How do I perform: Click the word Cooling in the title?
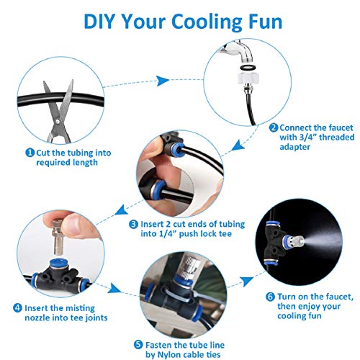pos(207,22)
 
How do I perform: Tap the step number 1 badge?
pos(30,153)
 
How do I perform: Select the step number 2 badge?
pos(274,127)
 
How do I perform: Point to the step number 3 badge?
pos(133,225)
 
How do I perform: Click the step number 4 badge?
pos(17,308)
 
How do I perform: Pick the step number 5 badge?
pos(138,345)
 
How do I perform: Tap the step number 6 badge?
pos(270,297)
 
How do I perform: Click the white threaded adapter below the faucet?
pos(248,78)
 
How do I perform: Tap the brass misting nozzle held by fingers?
pos(58,237)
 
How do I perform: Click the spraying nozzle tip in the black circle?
pos(296,243)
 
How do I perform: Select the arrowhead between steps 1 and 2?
pos(163,81)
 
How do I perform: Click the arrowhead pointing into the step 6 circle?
pos(246,281)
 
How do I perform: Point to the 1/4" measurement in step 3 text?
pos(168,234)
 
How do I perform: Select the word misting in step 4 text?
pos(81,308)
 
